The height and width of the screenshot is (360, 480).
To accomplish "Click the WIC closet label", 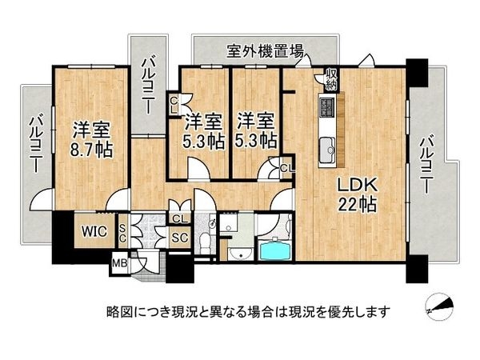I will (87, 232).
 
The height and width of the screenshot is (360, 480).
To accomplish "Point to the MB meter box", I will (119, 262).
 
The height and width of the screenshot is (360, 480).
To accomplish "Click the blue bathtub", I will (274, 251).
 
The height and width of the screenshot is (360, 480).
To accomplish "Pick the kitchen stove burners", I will (327, 106).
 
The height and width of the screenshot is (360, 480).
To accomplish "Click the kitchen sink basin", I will (328, 146).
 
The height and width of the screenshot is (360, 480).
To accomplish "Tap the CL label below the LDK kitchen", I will (286, 167).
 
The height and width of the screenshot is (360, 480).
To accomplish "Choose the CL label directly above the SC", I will (178, 218).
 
